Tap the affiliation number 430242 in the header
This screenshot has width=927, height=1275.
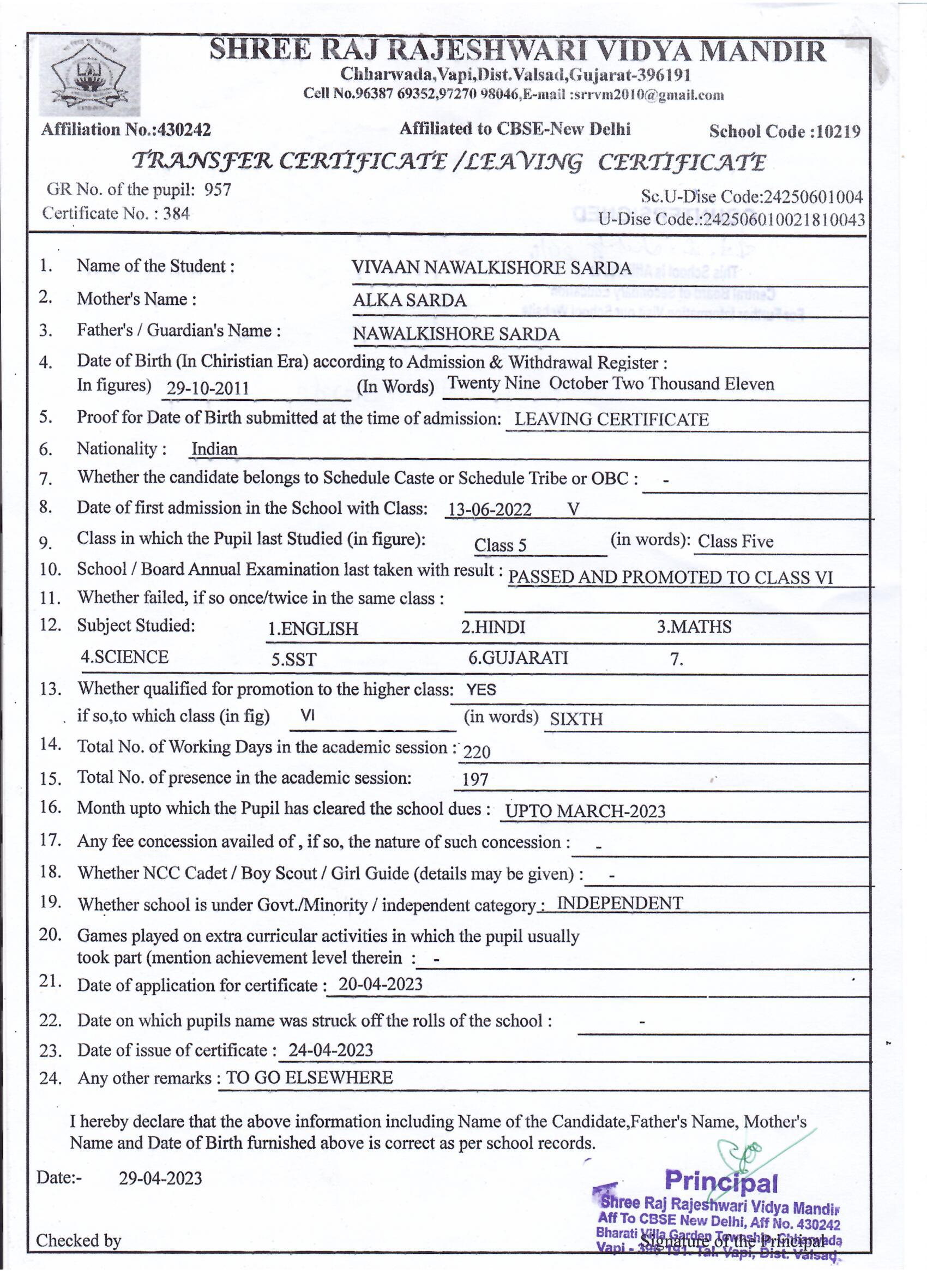[185, 130]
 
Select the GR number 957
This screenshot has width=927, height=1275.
[218, 190]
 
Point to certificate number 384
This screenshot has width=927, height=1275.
[177, 214]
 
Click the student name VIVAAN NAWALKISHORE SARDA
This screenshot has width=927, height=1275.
[491, 268]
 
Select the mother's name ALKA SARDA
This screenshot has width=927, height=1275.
[410, 300]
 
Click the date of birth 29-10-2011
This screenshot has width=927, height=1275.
[208, 388]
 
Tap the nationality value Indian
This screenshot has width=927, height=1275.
[214, 449]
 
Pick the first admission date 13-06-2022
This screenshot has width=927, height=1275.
[489, 509]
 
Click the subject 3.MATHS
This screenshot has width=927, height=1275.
[694, 627]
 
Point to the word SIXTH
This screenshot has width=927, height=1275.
[576, 719]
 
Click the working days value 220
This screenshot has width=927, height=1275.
[477, 751]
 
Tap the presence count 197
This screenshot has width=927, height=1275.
[475, 779]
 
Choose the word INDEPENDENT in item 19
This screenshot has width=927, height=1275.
[619, 903]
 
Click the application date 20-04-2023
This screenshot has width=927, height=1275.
[380, 984]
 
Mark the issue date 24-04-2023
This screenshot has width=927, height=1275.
[330, 1050]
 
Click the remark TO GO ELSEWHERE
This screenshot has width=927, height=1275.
[309, 1078]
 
